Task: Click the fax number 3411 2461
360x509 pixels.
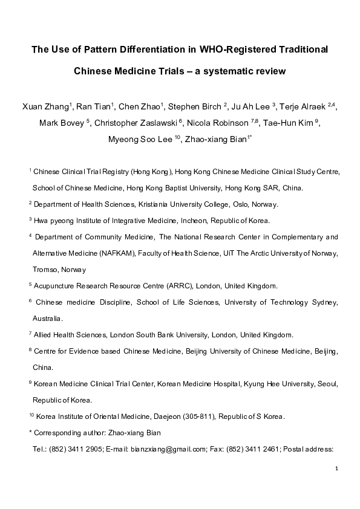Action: click(x=261, y=449)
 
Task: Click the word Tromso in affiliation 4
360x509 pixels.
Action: click(x=45, y=270)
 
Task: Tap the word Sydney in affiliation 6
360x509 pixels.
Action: click(x=323, y=302)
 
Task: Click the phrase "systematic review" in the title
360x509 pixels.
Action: click(x=244, y=71)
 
